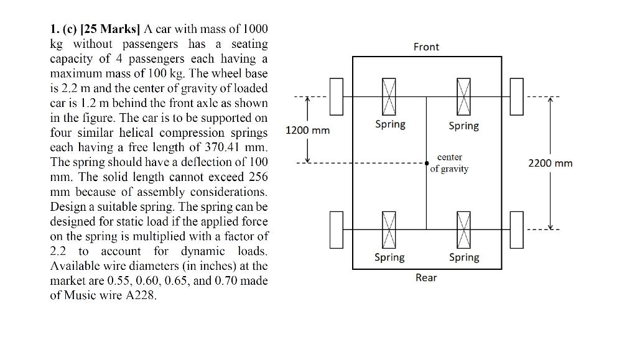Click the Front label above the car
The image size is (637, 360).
pyautogui.click(x=426, y=47)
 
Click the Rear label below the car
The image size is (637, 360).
pyautogui.click(x=426, y=278)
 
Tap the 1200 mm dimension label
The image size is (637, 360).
pyautogui.click(x=307, y=131)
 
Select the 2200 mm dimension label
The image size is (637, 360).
pyautogui.click(x=550, y=164)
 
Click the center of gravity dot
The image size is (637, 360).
pyautogui.click(x=427, y=164)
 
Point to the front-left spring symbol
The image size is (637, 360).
pyautogui.click(x=389, y=97)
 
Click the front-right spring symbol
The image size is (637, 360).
pyautogui.click(x=463, y=97)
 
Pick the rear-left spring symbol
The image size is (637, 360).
pyautogui.click(x=389, y=229)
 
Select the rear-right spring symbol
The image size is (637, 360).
pyautogui.click(x=463, y=229)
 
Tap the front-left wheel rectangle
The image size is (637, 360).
pyautogui.click(x=337, y=97)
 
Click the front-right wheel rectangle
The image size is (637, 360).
pyautogui.click(x=516, y=97)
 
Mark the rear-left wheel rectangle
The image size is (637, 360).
pyautogui.click(x=337, y=229)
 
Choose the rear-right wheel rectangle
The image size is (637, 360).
pyautogui.click(x=516, y=229)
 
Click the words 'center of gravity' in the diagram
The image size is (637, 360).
pyautogui.click(x=449, y=164)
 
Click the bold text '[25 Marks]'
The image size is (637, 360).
pyautogui.click(x=111, y=29)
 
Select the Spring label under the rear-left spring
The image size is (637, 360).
pyautogui.click(x=389, y=257)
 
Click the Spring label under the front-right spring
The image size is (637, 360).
pyautogui.click(x=464, y=126)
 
